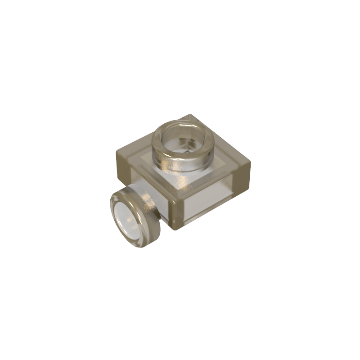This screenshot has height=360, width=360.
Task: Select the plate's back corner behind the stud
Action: (x=191, y=114)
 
